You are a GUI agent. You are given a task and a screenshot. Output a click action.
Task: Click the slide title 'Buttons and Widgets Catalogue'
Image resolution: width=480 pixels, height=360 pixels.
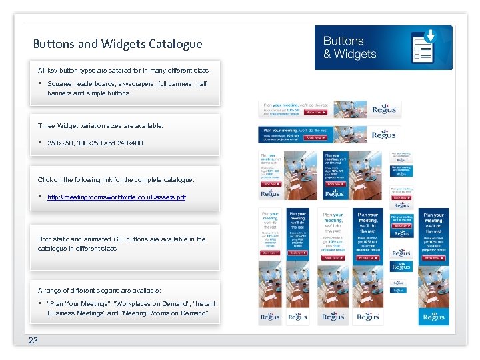tap(117, 45)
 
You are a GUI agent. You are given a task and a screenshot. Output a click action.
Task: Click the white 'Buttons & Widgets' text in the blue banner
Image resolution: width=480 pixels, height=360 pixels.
tap(350, 47)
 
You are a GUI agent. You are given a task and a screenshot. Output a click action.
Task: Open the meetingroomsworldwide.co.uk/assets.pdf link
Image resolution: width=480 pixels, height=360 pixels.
tap(117, 197)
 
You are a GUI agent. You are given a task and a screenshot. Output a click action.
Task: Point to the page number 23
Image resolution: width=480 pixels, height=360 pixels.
tap(33, 340)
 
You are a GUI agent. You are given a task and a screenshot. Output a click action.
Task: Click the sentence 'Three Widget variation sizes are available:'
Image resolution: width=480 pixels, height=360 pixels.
tap(100, 125)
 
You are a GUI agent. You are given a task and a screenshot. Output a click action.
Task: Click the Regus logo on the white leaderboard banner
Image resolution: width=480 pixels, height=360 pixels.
tap(383, 109)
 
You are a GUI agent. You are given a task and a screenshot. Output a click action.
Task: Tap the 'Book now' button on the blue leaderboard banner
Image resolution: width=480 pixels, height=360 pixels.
tap(315, 138)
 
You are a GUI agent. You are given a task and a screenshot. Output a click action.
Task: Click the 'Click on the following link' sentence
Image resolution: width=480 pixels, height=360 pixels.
tap(116, 180)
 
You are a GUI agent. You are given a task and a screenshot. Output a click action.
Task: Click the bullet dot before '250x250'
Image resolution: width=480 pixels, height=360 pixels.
tap(41, 143)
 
